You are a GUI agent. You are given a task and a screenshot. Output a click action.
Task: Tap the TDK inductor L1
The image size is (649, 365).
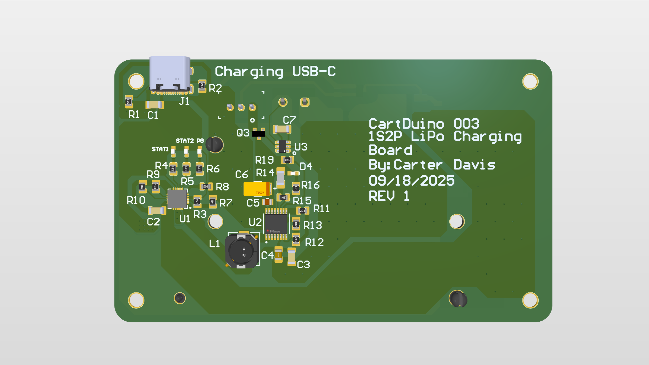242,251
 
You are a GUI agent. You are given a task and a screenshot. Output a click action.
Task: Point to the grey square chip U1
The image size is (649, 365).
177,199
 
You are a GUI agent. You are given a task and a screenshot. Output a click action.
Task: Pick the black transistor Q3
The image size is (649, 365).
259,133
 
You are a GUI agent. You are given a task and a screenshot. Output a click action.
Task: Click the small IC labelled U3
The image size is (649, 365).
283,146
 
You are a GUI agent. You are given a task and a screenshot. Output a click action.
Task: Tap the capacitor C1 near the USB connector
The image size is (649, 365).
155,105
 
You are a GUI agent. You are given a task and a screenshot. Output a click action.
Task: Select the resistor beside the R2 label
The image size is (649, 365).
202,86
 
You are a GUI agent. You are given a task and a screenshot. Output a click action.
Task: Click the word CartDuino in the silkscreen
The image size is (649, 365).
406,124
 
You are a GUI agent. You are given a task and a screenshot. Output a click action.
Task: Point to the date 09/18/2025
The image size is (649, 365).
411,181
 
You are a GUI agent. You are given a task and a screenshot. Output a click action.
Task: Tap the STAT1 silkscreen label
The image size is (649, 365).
160,149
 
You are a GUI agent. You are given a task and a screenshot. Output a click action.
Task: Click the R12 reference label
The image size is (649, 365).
314,242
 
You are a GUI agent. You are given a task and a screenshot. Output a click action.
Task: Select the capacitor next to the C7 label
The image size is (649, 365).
282,129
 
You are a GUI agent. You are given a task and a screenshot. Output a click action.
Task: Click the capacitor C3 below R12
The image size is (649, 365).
291,257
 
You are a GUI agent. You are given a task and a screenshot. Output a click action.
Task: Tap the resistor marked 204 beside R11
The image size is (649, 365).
302,211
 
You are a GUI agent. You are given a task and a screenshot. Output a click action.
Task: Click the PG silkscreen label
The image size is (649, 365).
200,141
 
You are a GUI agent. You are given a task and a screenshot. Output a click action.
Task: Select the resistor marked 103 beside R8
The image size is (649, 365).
206,187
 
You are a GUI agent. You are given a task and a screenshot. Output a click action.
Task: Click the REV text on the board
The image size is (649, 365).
382,196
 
